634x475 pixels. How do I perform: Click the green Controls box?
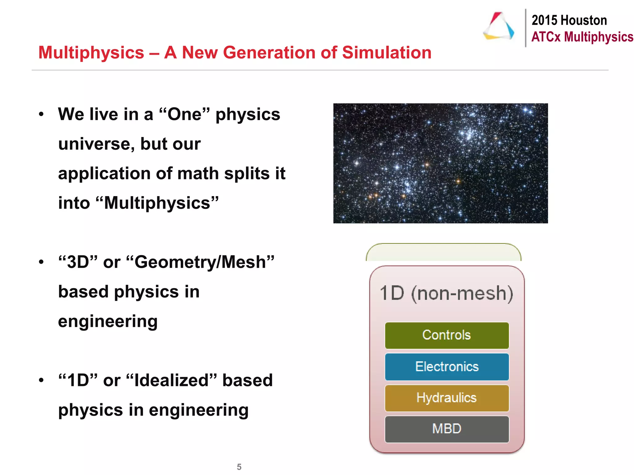446,336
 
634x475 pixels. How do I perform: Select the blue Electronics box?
446,367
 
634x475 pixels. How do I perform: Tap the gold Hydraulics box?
446,398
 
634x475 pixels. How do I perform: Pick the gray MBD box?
446,429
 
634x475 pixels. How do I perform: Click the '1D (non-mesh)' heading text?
446,293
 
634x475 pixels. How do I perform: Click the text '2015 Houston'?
569,20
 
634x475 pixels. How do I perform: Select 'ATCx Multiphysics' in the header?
582,37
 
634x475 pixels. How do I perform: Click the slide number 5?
239,467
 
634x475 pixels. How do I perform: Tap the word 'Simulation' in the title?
387,53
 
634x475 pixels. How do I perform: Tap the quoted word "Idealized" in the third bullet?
172,380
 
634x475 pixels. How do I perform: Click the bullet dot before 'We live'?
41,114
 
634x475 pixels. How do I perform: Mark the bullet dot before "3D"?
41,262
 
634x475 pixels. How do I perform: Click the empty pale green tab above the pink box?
443,253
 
